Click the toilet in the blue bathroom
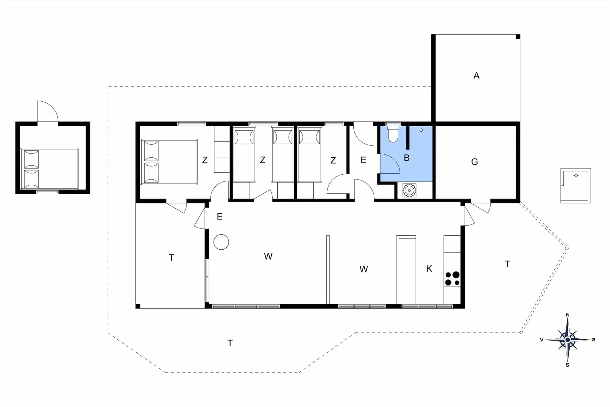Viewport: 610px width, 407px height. [x=393, y=134]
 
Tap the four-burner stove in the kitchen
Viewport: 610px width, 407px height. [x=452, y=279]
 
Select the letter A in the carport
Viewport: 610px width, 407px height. [x=476, y=76]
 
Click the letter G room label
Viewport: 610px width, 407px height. [x=474, y=162]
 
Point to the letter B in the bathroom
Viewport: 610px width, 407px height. [x=407, y=158]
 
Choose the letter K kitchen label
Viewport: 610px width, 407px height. [x=429, y=269]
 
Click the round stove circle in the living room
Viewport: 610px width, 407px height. [x=221, y=242]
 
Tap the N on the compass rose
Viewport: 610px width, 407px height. [x=568, y=315]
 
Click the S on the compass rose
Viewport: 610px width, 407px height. [x=567, y=365]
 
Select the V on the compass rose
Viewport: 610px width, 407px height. [x=542, y=340]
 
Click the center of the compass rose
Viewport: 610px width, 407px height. [x=568, y=340]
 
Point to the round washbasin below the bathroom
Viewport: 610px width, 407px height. [x=409, y=190]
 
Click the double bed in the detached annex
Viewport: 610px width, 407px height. [x=50, y=169]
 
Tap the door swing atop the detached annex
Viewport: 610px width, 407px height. [x=48, y=111]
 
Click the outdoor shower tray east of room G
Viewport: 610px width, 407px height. [x=576, y=186]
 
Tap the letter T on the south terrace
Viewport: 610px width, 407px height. [x=230, y=343]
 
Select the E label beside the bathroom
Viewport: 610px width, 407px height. [x=363, y=160]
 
